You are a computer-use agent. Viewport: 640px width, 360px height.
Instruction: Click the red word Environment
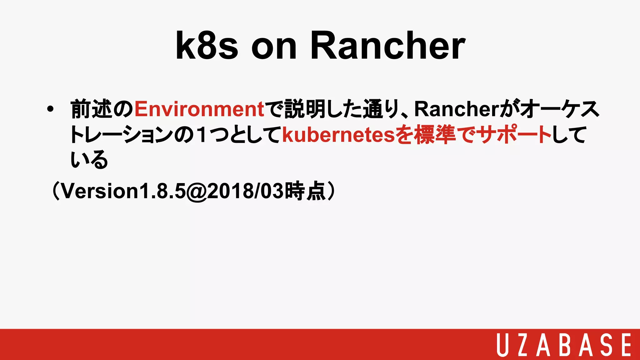click(199, 109)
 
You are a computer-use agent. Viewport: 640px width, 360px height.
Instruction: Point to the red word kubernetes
click(339, 135)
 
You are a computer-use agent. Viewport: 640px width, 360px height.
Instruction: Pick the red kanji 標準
click(434, 135)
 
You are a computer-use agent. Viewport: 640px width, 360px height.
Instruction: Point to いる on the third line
click(89, 160)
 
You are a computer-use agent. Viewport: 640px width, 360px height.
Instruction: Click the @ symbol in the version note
click(197, 191)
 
